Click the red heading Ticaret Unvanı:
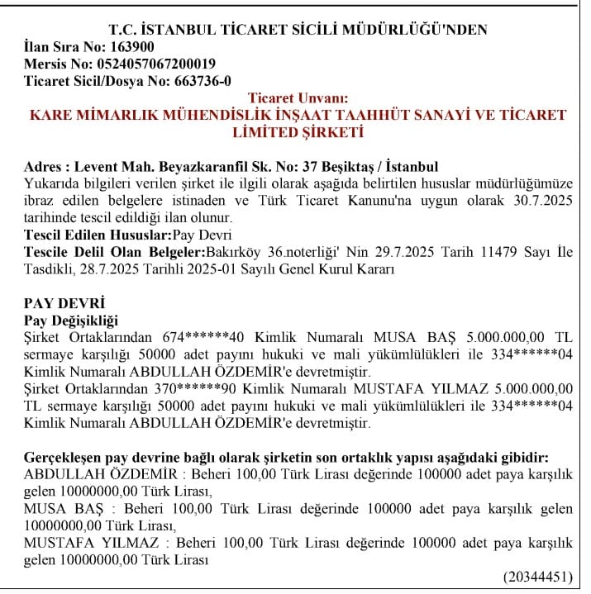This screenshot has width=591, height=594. coord(298,98)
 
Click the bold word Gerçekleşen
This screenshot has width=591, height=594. coord(69,457)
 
